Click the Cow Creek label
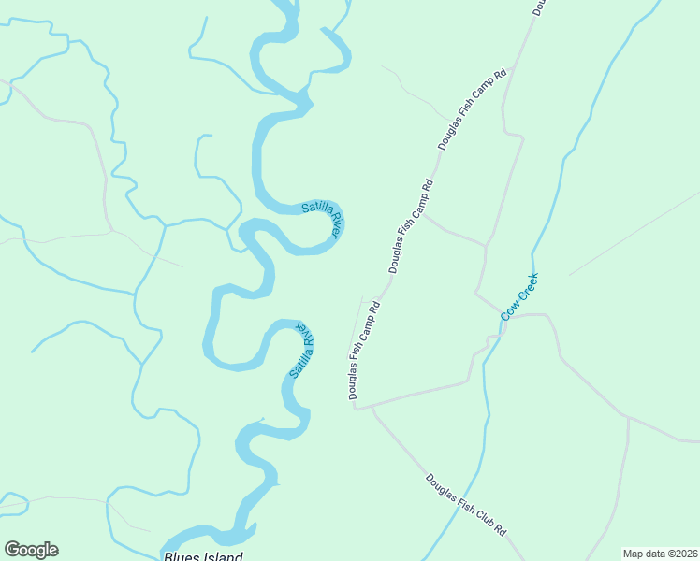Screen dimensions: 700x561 click(519, 296)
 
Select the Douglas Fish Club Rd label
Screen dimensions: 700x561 click(466, 505)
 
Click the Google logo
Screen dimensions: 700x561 click(31, 550)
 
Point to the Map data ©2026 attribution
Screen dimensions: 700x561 click(660, 554)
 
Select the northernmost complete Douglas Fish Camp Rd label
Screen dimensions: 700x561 click(473, 108)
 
